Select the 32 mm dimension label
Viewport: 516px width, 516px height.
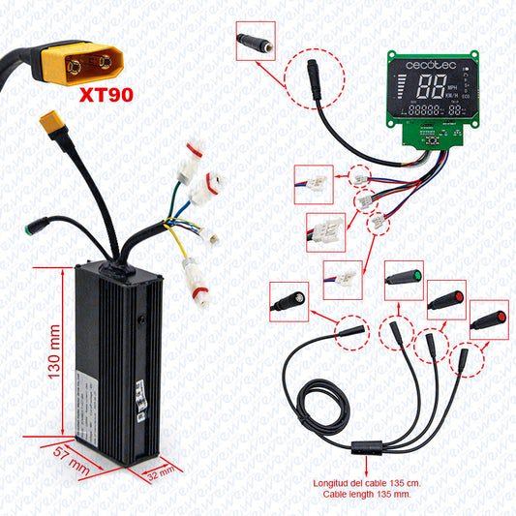coord(161,473)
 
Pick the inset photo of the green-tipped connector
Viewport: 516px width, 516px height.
coord(404,277)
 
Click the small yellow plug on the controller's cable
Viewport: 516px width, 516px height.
coord(47,127)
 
